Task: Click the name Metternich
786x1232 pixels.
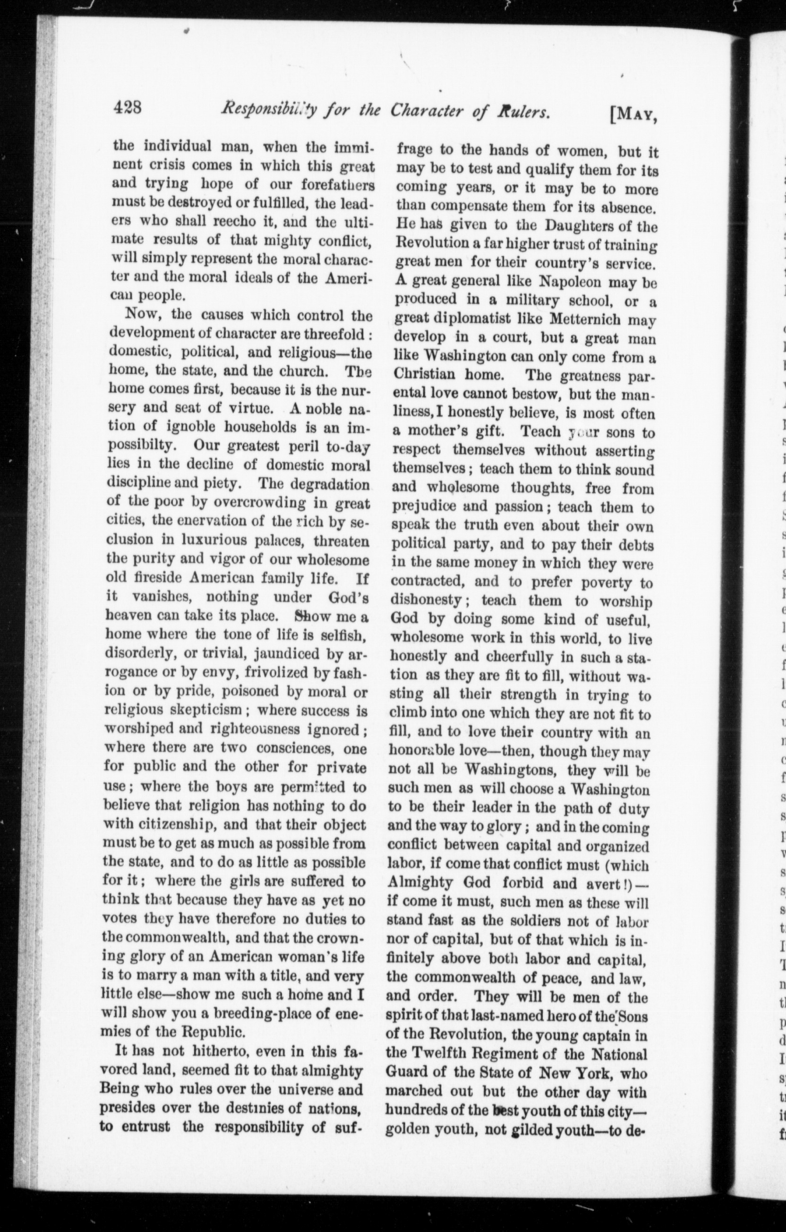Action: pos(586,319)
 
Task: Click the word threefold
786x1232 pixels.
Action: pos(332,334)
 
